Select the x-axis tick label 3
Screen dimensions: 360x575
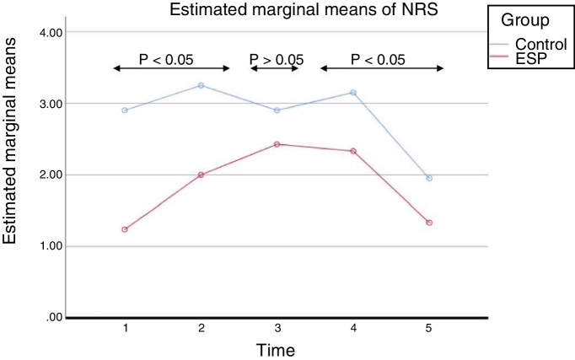pyautogui.click(x=277, y=328)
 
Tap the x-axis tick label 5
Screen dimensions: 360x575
pyautogui.click(x=429, y=328)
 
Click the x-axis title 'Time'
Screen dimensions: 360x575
pyautogui.click(x=277, y=347)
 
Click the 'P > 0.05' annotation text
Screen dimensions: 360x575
pyautogui.click(x=276, y=60)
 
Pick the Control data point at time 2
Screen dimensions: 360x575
pyautogui.click(x=201, y=85)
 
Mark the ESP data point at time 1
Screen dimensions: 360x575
pyautogui.click(x=125, y=229)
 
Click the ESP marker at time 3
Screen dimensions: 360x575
pyautogui.click(x=277, y=144)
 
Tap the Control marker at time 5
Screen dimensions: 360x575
pyautogui.click(x=429, y=178)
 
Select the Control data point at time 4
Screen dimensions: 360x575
pyautogui.click(x=353, y=93)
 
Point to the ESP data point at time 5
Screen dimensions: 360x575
pyautogui.click(x=429, y=223)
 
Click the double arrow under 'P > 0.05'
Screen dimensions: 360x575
pyautogui.click(x=275, y=68)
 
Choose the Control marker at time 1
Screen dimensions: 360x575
pyautogui.click(x=125, y=110)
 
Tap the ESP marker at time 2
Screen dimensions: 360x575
pyautogui.click(x=201, y=175)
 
